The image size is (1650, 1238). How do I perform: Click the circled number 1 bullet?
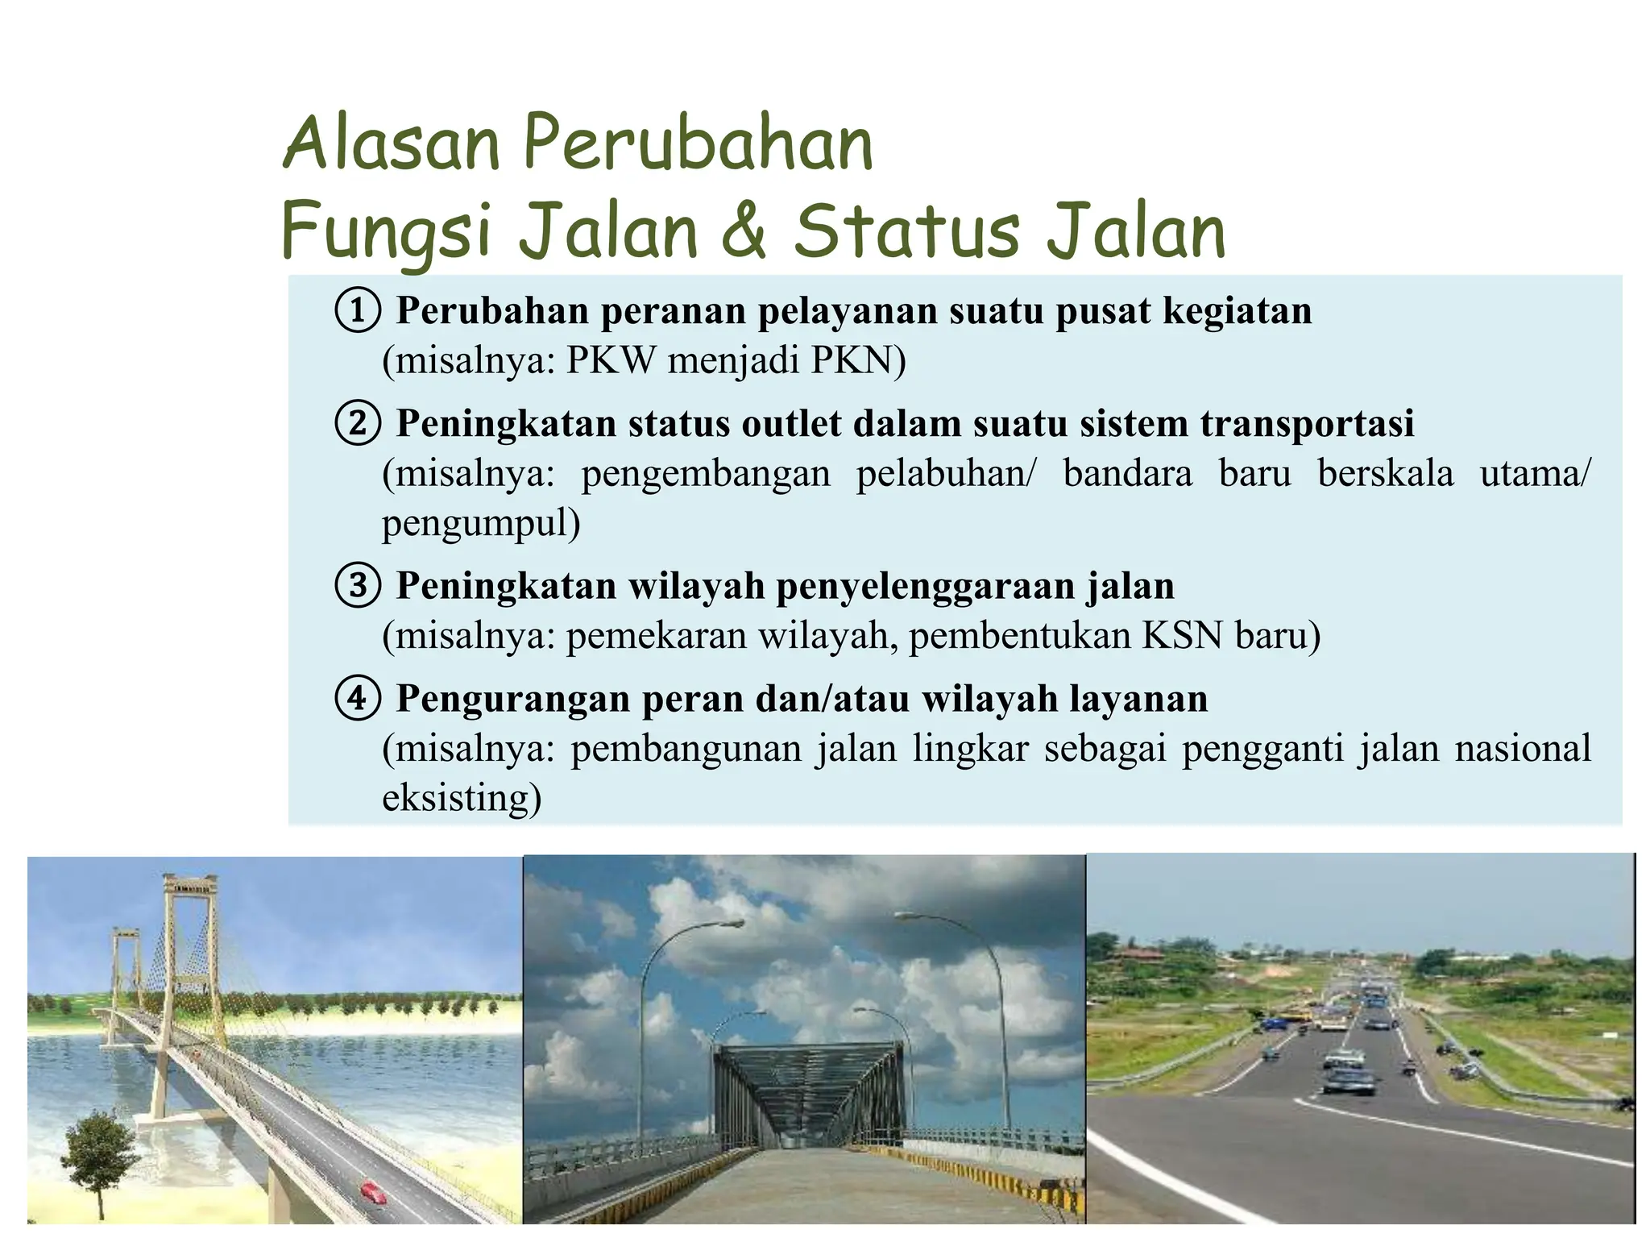coord(357,310)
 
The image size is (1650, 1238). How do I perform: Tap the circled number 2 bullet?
coord(357,423)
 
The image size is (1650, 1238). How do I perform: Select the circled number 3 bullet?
coord(357,585)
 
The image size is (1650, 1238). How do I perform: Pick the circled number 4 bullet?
coord(357,698)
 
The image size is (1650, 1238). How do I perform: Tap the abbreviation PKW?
coord(611,359)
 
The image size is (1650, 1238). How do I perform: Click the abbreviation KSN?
coord(1183,635)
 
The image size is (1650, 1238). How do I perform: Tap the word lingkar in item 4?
coord(971,748)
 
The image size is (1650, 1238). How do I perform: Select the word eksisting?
coord(461,798)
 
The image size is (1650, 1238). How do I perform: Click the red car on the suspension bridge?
coord(372,1190)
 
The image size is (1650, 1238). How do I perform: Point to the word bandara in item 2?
coord(1127,473)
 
